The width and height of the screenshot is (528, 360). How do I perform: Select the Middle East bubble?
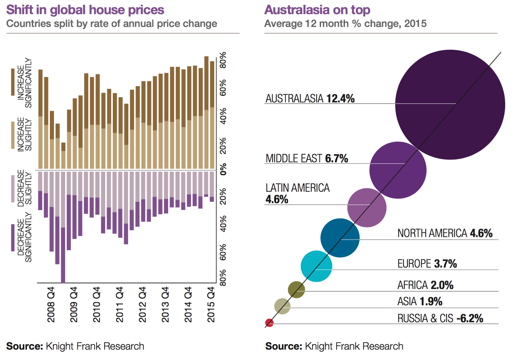pyautogui.click(x=398, y=170)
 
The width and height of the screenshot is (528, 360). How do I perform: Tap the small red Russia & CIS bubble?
pyautogui.click(x=269, y=323)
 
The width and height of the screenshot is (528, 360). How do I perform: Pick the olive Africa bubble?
pyautogui.click(x=297, y=290)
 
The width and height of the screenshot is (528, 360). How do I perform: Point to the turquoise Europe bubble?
pyautogui.click(x=316, y=266)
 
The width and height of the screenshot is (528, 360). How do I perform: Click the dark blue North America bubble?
pyautogui.click(x=340, y=238)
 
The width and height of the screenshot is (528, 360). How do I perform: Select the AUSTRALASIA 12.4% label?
pyautogui.click(x=310, y=99)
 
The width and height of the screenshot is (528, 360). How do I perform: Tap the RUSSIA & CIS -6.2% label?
pyautogui.click(x=440, y=318)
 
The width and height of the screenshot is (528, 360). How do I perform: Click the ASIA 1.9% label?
pyautogui.click(x=420, y=301)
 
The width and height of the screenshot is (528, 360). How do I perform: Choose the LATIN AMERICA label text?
pyautogui.click(x=298, y=188)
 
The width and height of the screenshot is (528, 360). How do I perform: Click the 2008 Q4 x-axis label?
pyautogui.click(x=51, y=304)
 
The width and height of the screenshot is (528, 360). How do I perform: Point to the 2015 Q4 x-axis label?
pyautogui.click(x=211, y=304)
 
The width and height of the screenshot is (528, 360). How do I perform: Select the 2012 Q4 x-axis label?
pyautogui.click(x=143, y=304)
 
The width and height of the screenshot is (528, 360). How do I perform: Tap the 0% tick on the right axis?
pyautogui.click(x=224, y=169)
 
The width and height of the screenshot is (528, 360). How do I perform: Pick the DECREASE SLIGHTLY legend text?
pyautogui.click(x=25, y=188)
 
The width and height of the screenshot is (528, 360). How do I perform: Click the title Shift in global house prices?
pyautogui.click(x=85, y=10)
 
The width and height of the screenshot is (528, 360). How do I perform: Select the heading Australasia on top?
pyautogui.click(x=317, y=10)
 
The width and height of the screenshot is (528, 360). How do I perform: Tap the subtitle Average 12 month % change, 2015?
pyautogui.click(x=345, y=24)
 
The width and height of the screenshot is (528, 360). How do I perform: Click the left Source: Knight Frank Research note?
pyautogui.click(x=75, y=346)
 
